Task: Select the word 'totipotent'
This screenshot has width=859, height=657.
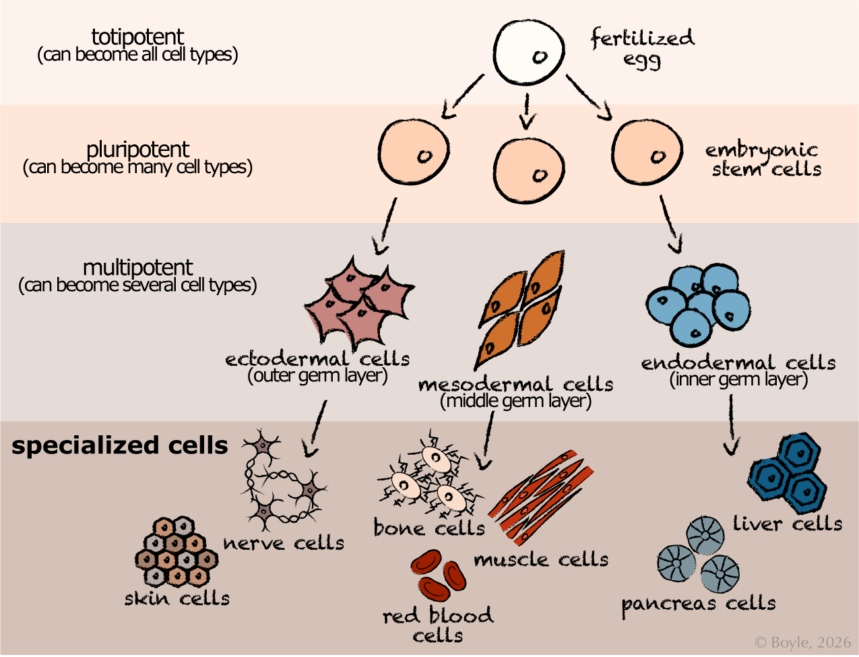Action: tap(139, 36)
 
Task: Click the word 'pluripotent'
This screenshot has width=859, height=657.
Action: tap(138, 149)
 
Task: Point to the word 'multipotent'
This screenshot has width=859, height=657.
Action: tap(137, 268)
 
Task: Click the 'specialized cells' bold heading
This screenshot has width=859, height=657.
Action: tap(120, 445)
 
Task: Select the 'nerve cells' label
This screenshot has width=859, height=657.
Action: tap(284, 542)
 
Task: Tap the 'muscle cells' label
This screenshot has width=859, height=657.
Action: tap(541, 559)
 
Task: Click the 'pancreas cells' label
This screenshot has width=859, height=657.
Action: tap(698, 603)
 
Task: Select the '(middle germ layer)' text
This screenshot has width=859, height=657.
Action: tap(515, 402)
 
